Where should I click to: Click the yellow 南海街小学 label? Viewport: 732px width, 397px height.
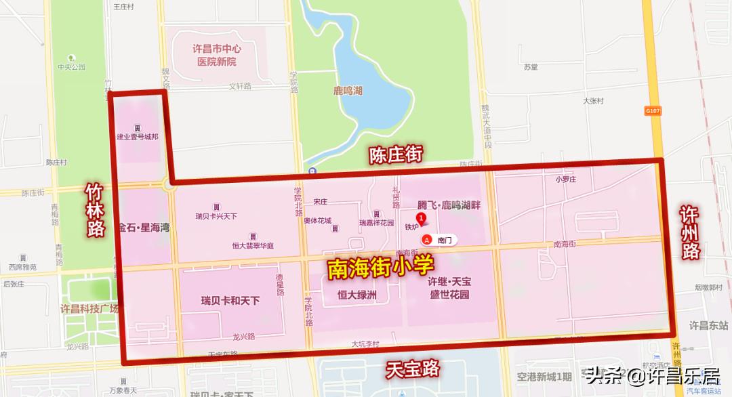[380, 268]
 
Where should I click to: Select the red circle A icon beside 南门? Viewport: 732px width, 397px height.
[427, 240]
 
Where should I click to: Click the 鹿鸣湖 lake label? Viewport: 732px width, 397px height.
[348, 91]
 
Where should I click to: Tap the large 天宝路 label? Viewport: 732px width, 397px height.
[413, 369]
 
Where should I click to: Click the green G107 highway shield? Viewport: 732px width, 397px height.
[653, 110]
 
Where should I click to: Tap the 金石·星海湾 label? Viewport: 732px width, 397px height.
[143, 228]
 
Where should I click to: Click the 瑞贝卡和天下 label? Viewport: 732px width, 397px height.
[230, 300]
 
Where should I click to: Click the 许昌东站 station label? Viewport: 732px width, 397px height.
[708, 325]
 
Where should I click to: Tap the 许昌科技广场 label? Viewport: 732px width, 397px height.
[89, 309]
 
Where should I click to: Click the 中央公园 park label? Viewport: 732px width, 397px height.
[72, 67]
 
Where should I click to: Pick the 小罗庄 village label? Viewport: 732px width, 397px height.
[565, 180]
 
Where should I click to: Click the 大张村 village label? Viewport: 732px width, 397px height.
[593, 101]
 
